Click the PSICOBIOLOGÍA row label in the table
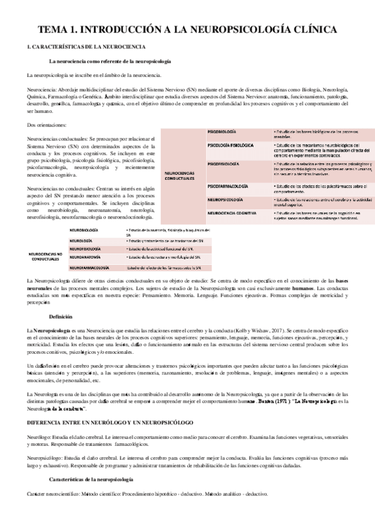click(x=222, y=132)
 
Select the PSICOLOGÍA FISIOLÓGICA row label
click(x=230, y=145)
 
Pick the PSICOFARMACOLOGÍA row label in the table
click(x=230, y=186)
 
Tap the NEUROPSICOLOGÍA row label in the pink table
click(x=225, y=199)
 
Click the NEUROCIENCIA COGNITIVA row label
click(x=232, y=213)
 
